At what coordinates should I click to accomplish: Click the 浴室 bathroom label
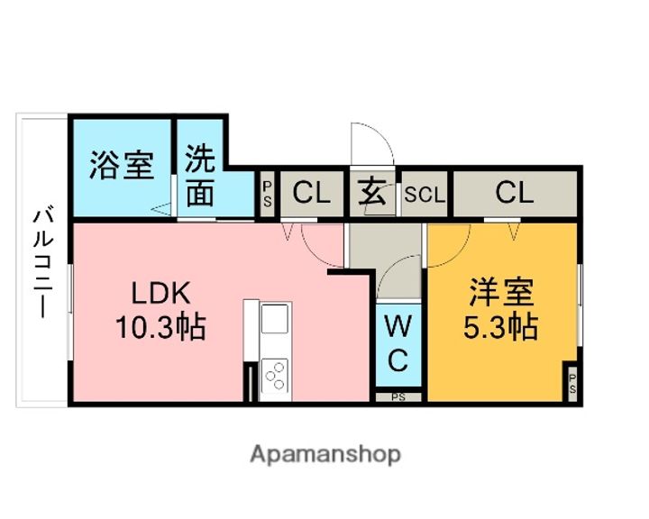[122, 165]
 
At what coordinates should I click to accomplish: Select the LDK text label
[161, 293]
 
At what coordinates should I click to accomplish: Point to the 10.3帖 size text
[160, 326]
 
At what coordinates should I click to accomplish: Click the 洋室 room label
[502, 292]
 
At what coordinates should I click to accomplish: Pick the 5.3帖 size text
[501, 326]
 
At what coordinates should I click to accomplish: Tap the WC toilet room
[398, 345]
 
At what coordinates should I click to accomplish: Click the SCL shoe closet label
[425, 195]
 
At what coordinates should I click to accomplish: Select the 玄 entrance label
[371, 193]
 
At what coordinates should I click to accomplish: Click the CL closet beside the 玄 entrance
[312, 193]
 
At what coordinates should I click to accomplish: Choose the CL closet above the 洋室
[515, 193]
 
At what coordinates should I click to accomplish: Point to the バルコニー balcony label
[43, 264]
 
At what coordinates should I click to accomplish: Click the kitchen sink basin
[275, 319]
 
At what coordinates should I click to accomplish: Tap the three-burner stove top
[275, 376]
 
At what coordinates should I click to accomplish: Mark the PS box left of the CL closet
[268, 194]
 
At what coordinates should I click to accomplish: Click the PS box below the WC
[398, 397]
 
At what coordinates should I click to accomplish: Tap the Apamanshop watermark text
[325, 455]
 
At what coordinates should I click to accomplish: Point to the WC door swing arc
[399, 277]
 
